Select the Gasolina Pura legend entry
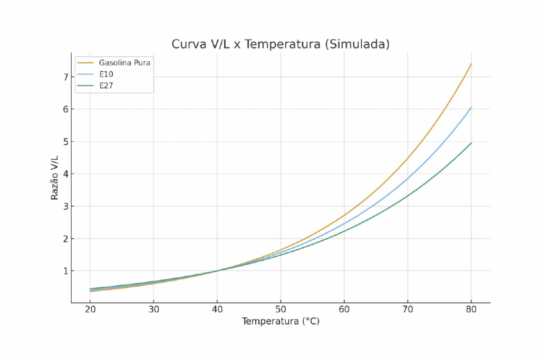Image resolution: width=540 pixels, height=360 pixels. pyautogui.click(x=125, y=63)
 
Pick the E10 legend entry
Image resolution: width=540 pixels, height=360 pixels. pyautogui.click(x=106, y=74)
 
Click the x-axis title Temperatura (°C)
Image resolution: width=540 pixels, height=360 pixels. pyautogui.click(x=281, y=321)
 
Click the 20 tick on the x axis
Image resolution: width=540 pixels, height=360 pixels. pyautogui.click(x=90, y=309)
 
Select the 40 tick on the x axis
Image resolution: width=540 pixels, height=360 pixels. pyautogui.click(x=217, y=309)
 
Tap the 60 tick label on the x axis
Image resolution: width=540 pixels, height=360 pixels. pyautogui.click(x=344, y=309)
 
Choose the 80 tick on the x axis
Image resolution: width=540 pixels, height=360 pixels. pyautogui.click(x=471, y=309)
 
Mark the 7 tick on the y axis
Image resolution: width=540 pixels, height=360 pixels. pyautogui.click(x=66, y=77)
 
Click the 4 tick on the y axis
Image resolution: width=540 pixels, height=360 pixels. pyautogui.click(x=66, y=174)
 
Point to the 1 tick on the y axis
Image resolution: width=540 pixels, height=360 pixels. pyautogui.click(x=66, y=271)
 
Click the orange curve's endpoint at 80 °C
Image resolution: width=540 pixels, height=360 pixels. pyautogui.click(x=471, y=64)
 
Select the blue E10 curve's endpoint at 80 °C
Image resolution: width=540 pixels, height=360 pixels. pyautogui.click(x=471, y=108)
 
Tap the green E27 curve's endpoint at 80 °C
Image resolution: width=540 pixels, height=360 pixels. pyautogui.click(x=471, y=142)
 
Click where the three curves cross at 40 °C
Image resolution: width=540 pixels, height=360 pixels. pyautogui.click(x=217, y=270)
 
